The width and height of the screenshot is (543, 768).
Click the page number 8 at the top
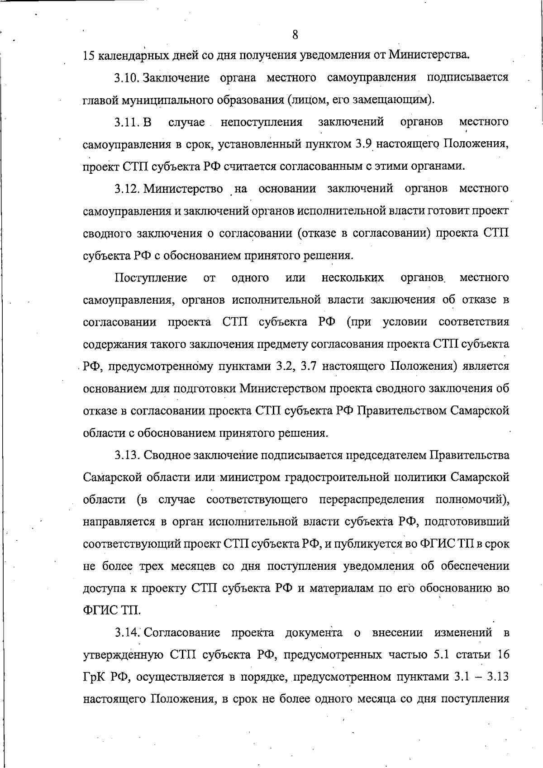pyautogui.click(x=295, y=34)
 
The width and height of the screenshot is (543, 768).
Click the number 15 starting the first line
pyautogui.click(x=89, y=56)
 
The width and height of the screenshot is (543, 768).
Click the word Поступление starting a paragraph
pyautogui.click(x=151, y=277)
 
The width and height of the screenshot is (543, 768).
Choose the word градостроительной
pyautogui.click(x=333, y=477)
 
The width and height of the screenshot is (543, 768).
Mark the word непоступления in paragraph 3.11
pyautogui.click(x=262, y=122)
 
